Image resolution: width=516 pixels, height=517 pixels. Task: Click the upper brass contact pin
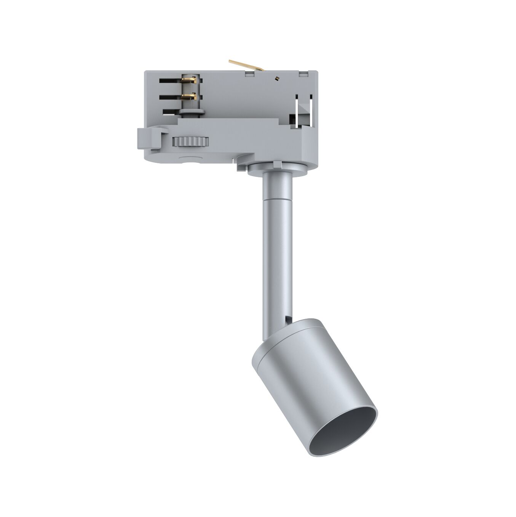click(189, 80)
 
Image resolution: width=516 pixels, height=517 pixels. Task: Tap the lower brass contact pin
click(189, 96)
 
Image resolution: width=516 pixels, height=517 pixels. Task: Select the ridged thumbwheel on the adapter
click(191, 142)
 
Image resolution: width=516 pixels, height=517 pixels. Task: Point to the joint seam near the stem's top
click(277, 199)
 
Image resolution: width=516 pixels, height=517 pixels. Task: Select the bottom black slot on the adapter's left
click(171, 112)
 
